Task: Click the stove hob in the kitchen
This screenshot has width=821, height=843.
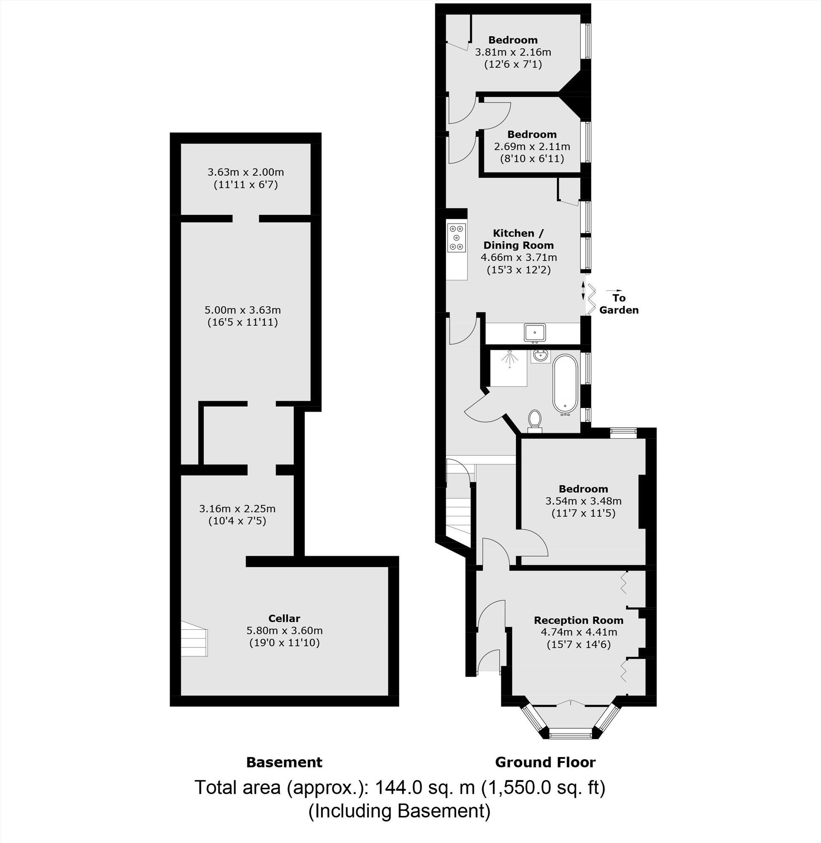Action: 457,237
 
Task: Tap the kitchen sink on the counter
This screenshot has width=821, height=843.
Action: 535,333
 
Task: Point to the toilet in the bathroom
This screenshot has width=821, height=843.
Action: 535,419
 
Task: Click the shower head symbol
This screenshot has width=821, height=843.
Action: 510,357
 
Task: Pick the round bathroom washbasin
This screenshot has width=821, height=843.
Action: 540,356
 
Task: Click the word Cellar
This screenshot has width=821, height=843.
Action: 284,618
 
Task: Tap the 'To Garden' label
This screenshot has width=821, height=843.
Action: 619,304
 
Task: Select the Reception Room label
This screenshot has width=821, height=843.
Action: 579,620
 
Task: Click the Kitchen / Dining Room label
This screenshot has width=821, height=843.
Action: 518,239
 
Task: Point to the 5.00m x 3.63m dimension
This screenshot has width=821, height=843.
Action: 242,310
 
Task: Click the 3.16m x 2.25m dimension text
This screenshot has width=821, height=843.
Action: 237,509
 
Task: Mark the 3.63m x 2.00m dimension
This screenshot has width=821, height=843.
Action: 246,172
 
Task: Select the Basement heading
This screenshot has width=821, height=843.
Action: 284,762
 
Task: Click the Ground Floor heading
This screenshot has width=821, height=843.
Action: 545,762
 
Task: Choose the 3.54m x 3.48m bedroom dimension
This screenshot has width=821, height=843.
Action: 584,501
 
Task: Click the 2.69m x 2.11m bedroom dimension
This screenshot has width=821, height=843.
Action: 532,147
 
